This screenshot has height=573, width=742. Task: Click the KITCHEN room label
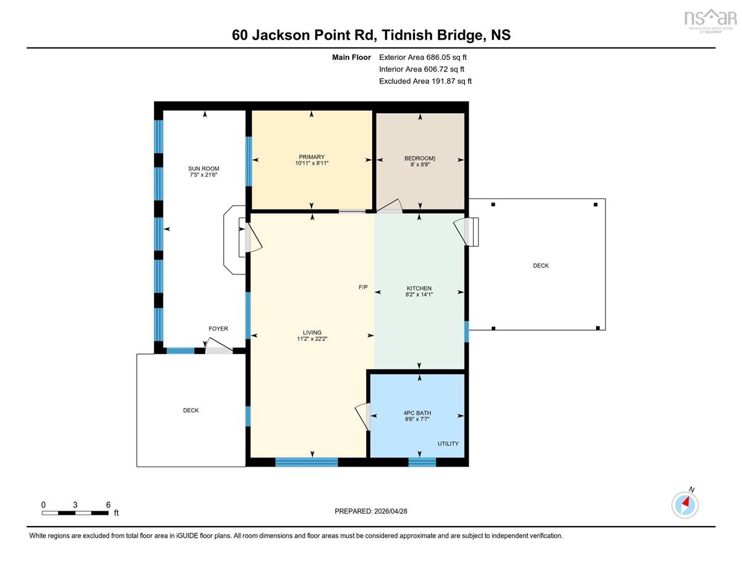click(419, 289)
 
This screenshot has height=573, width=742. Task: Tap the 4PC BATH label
click(417, 413)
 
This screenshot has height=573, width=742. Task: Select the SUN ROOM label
click(203, 169)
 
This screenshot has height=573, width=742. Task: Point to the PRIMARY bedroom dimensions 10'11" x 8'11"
click(312, 163)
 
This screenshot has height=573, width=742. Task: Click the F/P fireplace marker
click(363, 287)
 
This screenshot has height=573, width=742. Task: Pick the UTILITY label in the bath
click(448, 444)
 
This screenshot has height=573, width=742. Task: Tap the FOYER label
click(218, 329)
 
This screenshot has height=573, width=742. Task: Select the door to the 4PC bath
click(363, 417)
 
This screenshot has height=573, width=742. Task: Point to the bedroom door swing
click(390, 206)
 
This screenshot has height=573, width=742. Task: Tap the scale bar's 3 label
click(75, 505)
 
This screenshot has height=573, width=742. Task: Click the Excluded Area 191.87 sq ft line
click(425, 81)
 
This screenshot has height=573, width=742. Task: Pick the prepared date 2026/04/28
click(391, 511)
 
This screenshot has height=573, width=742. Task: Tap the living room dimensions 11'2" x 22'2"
click(312, 339)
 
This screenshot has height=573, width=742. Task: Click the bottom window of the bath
click(422, 462)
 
